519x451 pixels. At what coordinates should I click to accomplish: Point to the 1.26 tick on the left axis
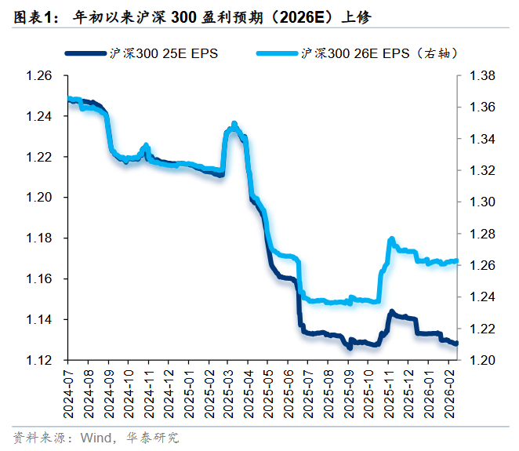38,76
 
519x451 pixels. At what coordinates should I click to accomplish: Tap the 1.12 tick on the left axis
38,361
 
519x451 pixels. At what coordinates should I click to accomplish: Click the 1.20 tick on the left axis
38,198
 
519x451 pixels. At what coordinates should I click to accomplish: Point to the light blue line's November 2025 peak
390,238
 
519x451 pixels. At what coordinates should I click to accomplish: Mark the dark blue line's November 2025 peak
391,311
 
